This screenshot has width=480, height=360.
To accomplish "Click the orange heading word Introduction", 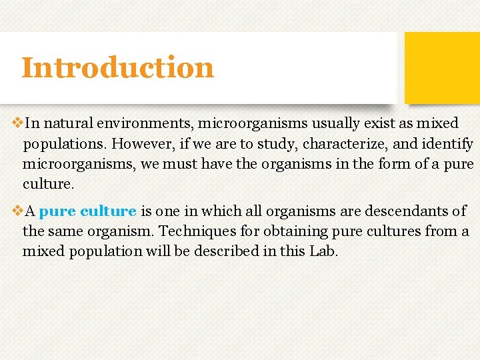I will [x=117, y=67].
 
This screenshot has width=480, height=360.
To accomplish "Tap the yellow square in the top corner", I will [x=442, y=67].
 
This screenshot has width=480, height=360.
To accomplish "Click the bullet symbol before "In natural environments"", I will [x=17, y=123].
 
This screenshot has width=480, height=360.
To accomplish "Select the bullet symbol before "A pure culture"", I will [x=17, y=211].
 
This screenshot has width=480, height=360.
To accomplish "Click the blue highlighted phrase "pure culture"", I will [x=87, y=211].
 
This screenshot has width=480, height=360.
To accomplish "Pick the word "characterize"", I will [x=345, y=143].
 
